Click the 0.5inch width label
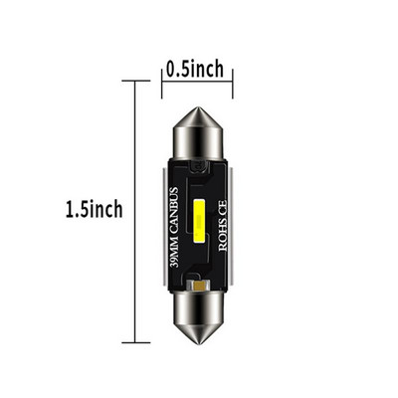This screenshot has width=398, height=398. (x=195, y=70)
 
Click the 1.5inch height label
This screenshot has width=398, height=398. (x=94, y=209)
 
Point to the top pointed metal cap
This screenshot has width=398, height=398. (x=197, y=132)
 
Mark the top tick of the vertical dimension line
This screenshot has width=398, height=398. (x=135, y=81)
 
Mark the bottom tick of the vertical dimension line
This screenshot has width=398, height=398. (x=135, y=343)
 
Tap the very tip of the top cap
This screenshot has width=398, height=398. (x=197, y=107)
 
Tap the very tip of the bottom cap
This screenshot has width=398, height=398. (x=197, y=342)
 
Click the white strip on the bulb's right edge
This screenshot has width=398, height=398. (x=232, y=224)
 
